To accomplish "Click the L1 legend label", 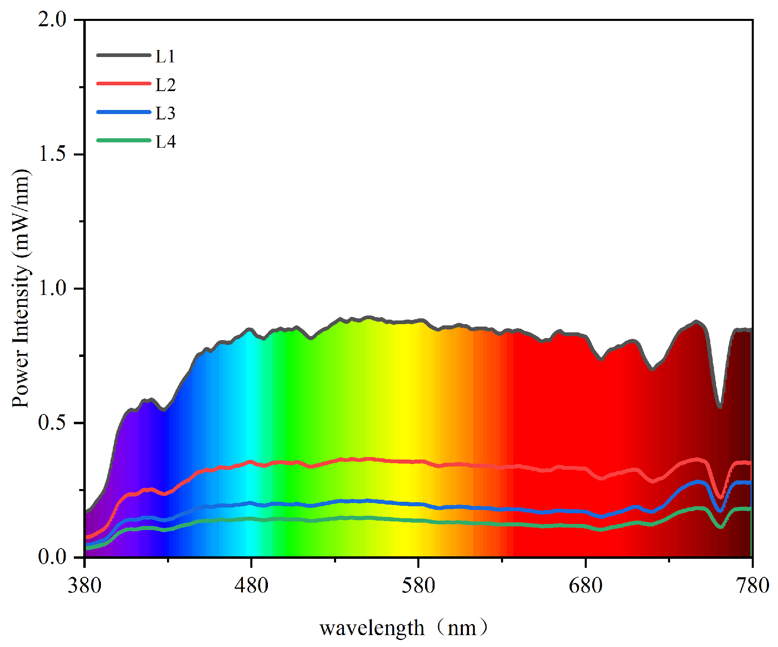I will pyautogui.click(x=165, y=56).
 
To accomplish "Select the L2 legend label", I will pyautogui.click(x=165, y=85).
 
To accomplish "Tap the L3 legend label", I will pyautogui.click(x=165, y=113).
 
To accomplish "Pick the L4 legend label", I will pyautogui.click(x=165, y=142).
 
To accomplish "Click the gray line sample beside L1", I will pyautogui.click(x=124, y=55).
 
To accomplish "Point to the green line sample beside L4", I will pyautogui.click(x=124, y=140).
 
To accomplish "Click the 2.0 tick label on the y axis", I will pyautogui.click(x=52, y=20).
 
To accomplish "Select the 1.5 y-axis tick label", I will pyautogui.click(x=52, y=154).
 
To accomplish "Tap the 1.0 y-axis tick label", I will pyautogui.click(x=52, y=288).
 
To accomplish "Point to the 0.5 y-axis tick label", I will pyautogui.click(x=52, y=423).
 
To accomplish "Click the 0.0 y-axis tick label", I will pyautogui.click(x=52, y=557).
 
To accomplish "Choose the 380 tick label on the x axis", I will pyautogui.click(x=85, y=585).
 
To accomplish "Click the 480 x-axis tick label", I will pyautogui.click(x=252, y=585).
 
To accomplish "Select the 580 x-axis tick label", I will pyautogui.click(x=419, y=585).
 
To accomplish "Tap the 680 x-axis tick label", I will pyautogui.click(x=586, y=585).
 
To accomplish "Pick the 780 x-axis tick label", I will pyautogui.click(x=752, y=585).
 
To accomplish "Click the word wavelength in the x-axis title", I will pyautogui.click(x=372, y=628).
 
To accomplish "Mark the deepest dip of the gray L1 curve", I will pyautogui.click(x=720, y=407).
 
